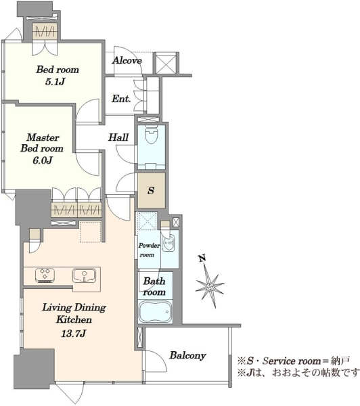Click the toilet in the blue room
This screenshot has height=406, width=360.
[152, 135]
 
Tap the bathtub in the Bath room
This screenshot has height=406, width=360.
[155, 311]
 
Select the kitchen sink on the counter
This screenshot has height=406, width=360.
[84, 275]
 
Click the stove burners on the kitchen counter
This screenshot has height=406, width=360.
[45, 275]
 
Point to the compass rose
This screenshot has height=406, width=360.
[210, 286]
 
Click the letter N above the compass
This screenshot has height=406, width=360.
[202, 258]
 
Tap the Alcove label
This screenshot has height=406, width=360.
[127, 60]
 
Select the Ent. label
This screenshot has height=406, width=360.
[121, 99]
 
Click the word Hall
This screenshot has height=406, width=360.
[118, 137]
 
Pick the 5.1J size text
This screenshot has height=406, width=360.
[55, 82]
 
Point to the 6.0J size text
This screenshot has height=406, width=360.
[43, 160]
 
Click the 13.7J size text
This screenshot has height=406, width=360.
[73, 334]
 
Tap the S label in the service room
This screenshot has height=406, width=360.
[152, 191]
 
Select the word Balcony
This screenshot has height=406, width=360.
[187, 355]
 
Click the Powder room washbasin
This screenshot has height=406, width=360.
[168, 244]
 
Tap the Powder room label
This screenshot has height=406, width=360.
[149, 250]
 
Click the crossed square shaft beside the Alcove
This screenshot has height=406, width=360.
[166, 63]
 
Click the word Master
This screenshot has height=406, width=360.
[43, 137]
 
